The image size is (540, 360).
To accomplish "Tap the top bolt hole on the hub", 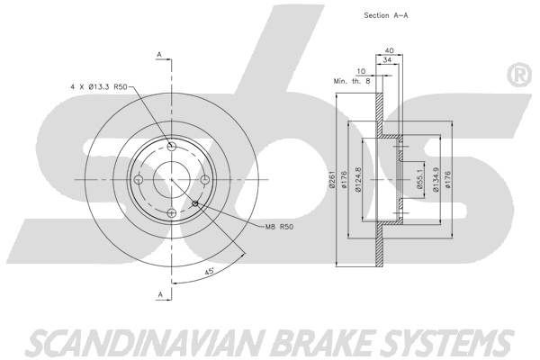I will coord(171,146).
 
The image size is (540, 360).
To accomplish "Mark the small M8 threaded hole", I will coord(194,202).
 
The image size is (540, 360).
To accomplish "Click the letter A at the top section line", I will coord(160,57).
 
